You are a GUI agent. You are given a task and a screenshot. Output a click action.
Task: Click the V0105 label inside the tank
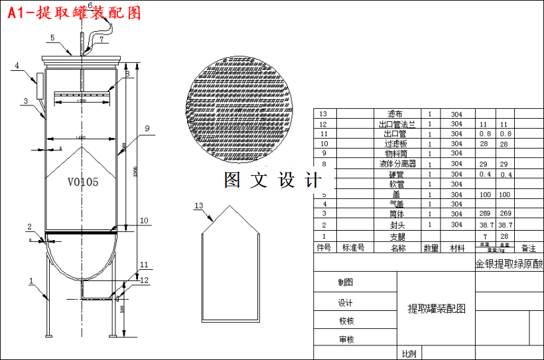click(x=83, y=181)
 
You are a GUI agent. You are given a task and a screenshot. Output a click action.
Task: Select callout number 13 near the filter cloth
click(x=198, y=206)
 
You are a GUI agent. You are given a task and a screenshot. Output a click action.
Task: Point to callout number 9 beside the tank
click(x=147, y=128)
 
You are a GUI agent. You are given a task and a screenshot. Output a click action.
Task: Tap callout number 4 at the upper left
click(x=17, y=66)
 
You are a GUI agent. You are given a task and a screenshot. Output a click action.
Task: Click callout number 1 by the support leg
click(x=31, y=281)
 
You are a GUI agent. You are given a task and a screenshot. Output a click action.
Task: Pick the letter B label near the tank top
click(x=127, y=75)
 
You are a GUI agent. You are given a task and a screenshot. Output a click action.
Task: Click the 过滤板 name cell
click(x=396, y=143)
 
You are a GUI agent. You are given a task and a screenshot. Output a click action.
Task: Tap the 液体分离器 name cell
click(x=397, y=163)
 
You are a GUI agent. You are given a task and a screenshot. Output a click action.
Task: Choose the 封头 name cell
click(x=397, y=225)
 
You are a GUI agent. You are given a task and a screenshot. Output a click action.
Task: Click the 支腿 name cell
click(x=397, y=235)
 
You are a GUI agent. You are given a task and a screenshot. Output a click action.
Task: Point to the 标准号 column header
click(x=353, y=247)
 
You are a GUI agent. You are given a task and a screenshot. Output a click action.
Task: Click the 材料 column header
click(x=458, y=248)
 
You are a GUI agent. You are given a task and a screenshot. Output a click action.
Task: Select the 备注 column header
click(x=529, y=248)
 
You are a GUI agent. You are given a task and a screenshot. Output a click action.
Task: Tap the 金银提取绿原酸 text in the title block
click(x=508, y=264)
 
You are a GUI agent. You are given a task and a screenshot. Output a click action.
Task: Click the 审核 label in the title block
click(x=346, y=340)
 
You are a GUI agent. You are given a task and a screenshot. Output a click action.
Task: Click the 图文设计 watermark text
click(x=273, y=180)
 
